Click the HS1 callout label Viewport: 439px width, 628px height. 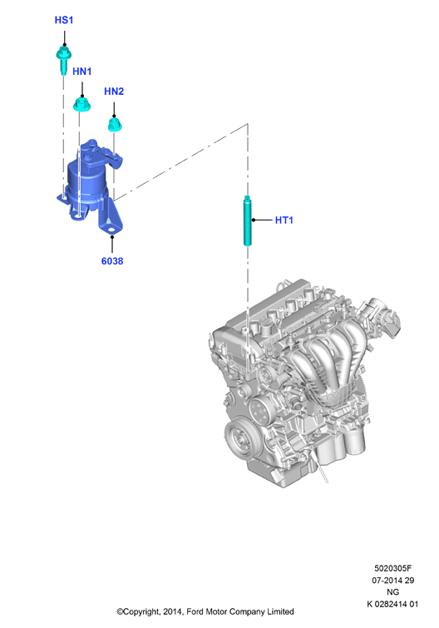coord(64,20)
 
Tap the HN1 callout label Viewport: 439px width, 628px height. coord(82,72)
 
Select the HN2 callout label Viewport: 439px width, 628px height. coord(114,91)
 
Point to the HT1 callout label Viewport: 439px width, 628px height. coord(284,220)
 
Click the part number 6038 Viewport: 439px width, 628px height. coord(112,261)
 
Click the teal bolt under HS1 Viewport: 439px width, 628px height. coord(64,60)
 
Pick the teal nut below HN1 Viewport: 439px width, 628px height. coord(82,105)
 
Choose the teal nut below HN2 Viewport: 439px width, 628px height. coord(115,124)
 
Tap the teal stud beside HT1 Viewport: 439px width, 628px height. coord(247,220)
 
